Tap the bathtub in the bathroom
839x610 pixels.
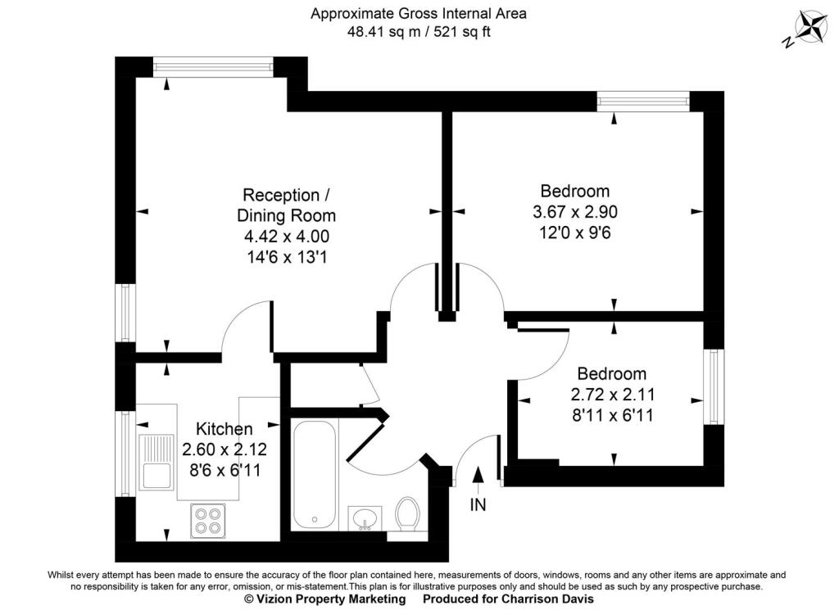pos(313,474)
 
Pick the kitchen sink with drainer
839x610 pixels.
pos(154,462)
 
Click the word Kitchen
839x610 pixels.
pos(224,429)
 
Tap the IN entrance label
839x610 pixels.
pos(478,505)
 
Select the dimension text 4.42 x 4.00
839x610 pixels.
pos(287,237)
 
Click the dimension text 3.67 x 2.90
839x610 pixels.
pos(574,212)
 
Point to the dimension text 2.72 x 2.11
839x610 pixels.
pos(612,395)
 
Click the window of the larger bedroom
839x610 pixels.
pos(642,101)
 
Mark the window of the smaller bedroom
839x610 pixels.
pos(714,387)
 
